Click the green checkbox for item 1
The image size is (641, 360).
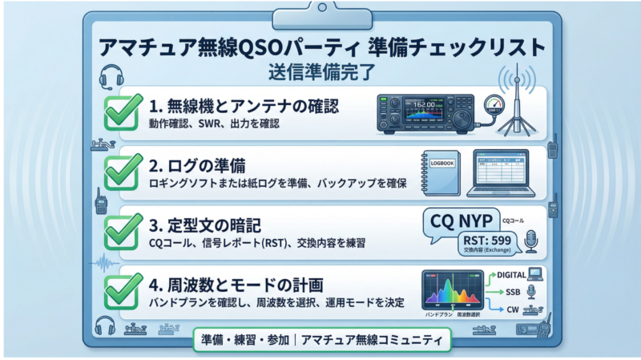[123, 112]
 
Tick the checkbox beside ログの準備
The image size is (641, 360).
[123, 170]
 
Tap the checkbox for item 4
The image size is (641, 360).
[123, 289]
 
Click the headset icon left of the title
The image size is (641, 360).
[110, 77]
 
